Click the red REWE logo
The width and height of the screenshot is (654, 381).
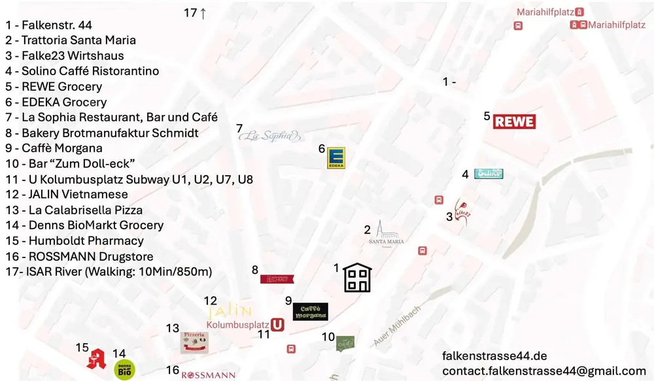coord(514,121)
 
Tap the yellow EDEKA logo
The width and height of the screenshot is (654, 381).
coord(336,157)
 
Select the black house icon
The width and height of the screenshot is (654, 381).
coord(358,278)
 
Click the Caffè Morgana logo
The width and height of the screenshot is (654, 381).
coord(310,312)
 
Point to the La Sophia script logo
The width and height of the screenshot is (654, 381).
coord(271,136)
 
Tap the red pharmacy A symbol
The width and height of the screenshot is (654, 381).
coord(96,358)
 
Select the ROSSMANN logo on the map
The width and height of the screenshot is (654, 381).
coord(208,374)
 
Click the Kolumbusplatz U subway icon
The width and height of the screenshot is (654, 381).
coord(277,324)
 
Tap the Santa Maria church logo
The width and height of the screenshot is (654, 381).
coord(386,234)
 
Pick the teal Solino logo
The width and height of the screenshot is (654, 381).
coord(488,174)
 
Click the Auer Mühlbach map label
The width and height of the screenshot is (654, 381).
coord(398,327)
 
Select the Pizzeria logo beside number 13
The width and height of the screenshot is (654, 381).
coord(194,342)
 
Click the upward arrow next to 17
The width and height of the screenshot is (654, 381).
coord(203,13)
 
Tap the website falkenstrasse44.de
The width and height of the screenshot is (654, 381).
coord(494,356)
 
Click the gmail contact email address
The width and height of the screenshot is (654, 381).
coord(543,371)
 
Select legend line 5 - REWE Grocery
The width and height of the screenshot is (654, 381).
coord(54,86)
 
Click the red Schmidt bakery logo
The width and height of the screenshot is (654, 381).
coord(277,279)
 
